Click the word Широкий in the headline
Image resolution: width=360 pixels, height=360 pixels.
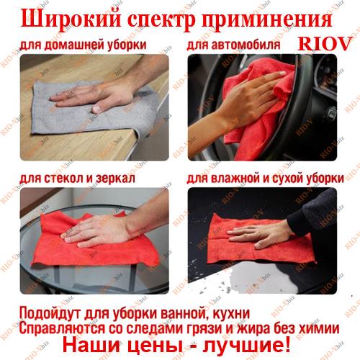[x=71, y=19]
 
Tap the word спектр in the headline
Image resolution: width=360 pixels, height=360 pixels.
[x=161, y=21]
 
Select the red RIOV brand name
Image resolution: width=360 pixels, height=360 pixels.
[x=325, y=44]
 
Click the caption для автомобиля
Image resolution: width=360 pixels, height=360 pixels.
[x=233, y=45]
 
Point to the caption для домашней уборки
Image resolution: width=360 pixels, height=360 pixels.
[x=83, y=45]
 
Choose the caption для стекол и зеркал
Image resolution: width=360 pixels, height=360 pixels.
[x=77, y=179]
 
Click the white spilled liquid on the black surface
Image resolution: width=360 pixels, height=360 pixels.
[x=261, y=279]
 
